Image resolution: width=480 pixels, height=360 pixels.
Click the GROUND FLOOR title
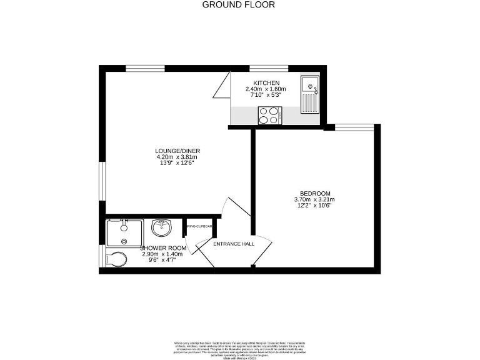239,5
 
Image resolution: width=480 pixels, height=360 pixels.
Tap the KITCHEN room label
266,83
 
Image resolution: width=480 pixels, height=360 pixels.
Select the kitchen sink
309,94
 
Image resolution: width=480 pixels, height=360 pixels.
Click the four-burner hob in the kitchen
270,115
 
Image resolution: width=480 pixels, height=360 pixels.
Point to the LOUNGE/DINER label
177,151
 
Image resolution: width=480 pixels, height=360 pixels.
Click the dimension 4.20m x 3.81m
177,157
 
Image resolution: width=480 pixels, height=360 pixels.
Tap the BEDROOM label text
315,193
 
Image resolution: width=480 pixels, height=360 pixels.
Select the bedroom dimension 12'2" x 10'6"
315,206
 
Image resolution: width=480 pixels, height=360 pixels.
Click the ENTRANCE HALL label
234,243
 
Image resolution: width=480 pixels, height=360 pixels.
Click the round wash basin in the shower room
162,227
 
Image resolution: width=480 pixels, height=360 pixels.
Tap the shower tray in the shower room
124,232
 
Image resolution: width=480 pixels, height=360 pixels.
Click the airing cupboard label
199,226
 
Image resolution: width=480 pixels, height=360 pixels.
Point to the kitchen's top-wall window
269,68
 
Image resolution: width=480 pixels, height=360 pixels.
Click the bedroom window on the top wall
354,127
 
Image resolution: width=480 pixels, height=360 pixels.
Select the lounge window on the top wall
145,68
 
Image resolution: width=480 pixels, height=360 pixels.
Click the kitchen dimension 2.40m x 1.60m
266,89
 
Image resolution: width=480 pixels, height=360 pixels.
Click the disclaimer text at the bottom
240,348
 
